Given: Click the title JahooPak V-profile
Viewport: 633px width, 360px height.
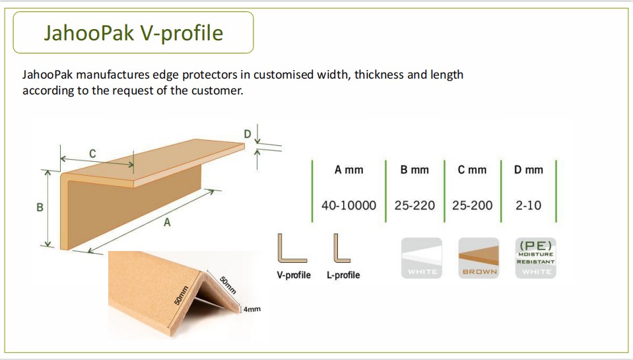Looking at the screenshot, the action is pos(133,33).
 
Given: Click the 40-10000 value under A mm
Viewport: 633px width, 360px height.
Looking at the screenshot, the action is pos(349,205).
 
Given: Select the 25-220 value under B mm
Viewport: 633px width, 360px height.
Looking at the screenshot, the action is pos(415,205).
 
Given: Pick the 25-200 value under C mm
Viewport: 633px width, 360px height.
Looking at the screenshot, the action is pos(473,205).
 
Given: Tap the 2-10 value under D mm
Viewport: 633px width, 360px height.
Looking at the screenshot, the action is pos(529,205).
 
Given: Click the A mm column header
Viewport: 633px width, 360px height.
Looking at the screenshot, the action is pos(349,170).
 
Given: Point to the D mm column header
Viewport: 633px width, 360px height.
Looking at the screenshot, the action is pos(529,170).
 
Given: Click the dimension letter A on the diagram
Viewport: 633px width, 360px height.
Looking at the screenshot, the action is pos(167,222).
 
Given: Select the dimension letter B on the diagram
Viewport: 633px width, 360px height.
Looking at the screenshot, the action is pos(40,207).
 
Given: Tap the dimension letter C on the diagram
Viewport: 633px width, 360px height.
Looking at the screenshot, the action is pos(92,153).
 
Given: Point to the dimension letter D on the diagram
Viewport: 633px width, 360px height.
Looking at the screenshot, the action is pos(248,133).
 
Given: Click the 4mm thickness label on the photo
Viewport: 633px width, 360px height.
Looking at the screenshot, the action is pos(252,309).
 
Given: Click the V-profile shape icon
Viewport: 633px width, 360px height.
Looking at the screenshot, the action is pos(292,248).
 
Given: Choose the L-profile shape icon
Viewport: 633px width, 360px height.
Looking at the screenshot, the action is pos(341,248).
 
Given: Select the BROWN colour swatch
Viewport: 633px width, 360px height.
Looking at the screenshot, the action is pos(479,258).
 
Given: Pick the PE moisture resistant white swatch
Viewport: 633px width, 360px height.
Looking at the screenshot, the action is pos(536,258).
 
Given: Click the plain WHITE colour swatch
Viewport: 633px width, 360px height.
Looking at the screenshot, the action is pos(422,258).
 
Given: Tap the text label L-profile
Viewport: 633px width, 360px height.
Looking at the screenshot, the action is pos(343,275).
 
